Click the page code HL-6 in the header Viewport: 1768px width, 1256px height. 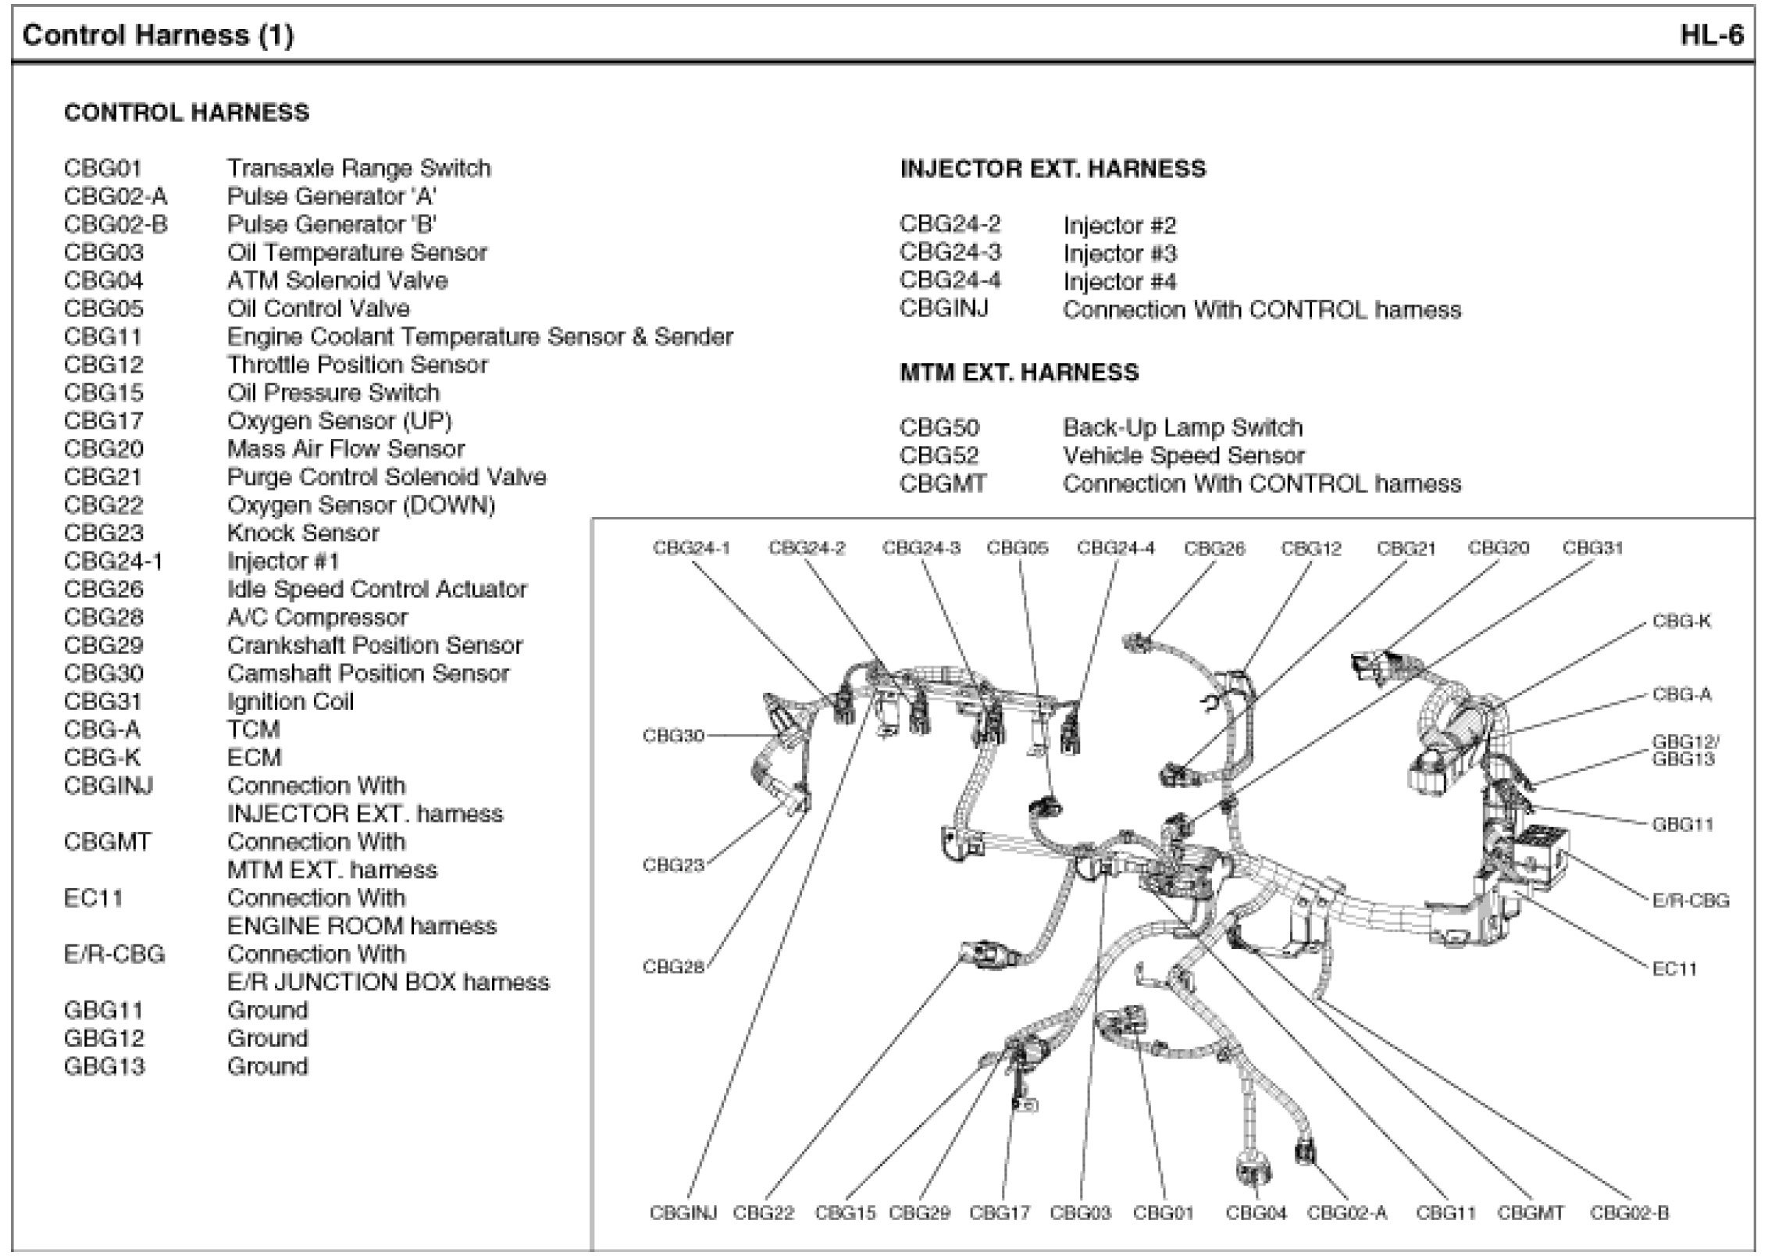point(1711,36)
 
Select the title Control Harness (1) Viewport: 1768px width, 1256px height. point(159,36)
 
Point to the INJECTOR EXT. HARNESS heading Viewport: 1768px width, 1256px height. point(1053,169)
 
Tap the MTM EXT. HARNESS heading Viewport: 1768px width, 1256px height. point(1019,373)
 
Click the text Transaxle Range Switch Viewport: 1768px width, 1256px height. point(358,169)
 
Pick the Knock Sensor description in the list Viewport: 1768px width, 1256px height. point(303,533)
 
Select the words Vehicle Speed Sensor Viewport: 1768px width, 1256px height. point(1183,456)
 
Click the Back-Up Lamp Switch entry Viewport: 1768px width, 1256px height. point(1182,428)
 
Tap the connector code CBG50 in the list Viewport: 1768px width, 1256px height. point(939,428)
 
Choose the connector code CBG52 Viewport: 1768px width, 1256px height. point(939,456)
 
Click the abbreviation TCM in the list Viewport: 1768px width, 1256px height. point(253,730)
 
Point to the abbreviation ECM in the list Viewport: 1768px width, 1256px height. point(254,758)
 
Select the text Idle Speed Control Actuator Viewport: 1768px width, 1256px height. point(376,590)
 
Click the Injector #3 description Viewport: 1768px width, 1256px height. point(1119,254)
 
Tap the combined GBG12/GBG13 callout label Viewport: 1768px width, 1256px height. point(1684,751)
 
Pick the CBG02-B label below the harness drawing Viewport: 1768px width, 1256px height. point(1629,1213)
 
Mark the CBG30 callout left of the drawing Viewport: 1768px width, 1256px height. point(673,736)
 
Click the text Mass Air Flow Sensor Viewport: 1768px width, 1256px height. point(345,449)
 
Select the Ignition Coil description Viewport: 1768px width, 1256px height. point(290,701)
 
